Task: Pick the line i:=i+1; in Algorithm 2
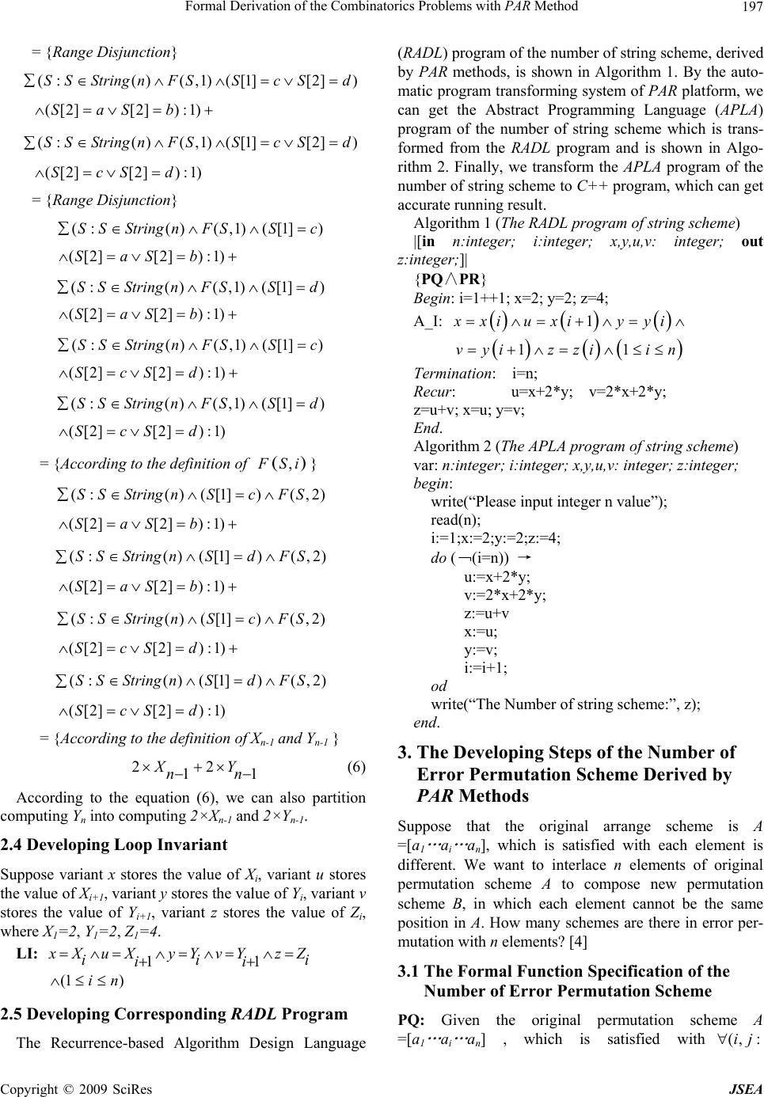pyautogui.click(x=485, y=666)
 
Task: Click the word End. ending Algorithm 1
pyautogui.click(x=427, y=428)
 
